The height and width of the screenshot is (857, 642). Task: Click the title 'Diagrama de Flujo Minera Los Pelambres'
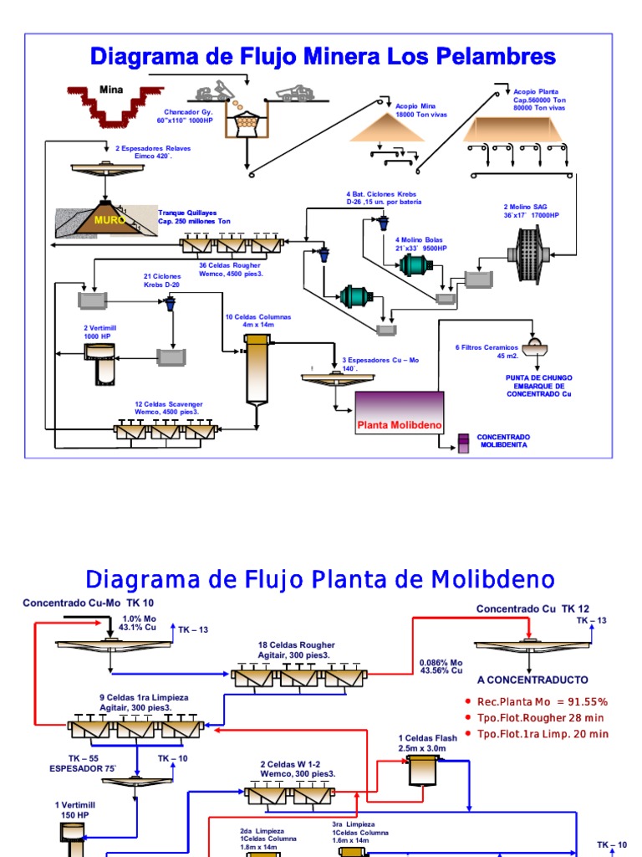click(323, 56)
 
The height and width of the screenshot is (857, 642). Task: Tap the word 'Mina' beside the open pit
click(111, 90)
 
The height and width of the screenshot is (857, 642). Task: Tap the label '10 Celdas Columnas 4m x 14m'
click(258, 321)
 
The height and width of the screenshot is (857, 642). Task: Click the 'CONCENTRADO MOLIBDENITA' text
click(503, 441)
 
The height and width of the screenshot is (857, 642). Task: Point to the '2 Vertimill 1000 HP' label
click(97, 331)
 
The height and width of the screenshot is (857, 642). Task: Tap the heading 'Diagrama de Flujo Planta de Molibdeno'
click(321, 578)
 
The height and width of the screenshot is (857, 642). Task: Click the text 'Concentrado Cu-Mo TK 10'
click(89, 603)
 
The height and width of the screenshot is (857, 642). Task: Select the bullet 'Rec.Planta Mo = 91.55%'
click(543, 701)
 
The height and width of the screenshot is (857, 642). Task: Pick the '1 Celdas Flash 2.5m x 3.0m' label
click(427, 742)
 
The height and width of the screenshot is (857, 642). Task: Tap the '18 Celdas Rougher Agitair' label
click(296, 650)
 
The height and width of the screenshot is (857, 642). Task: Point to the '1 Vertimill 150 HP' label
click(74, 808)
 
